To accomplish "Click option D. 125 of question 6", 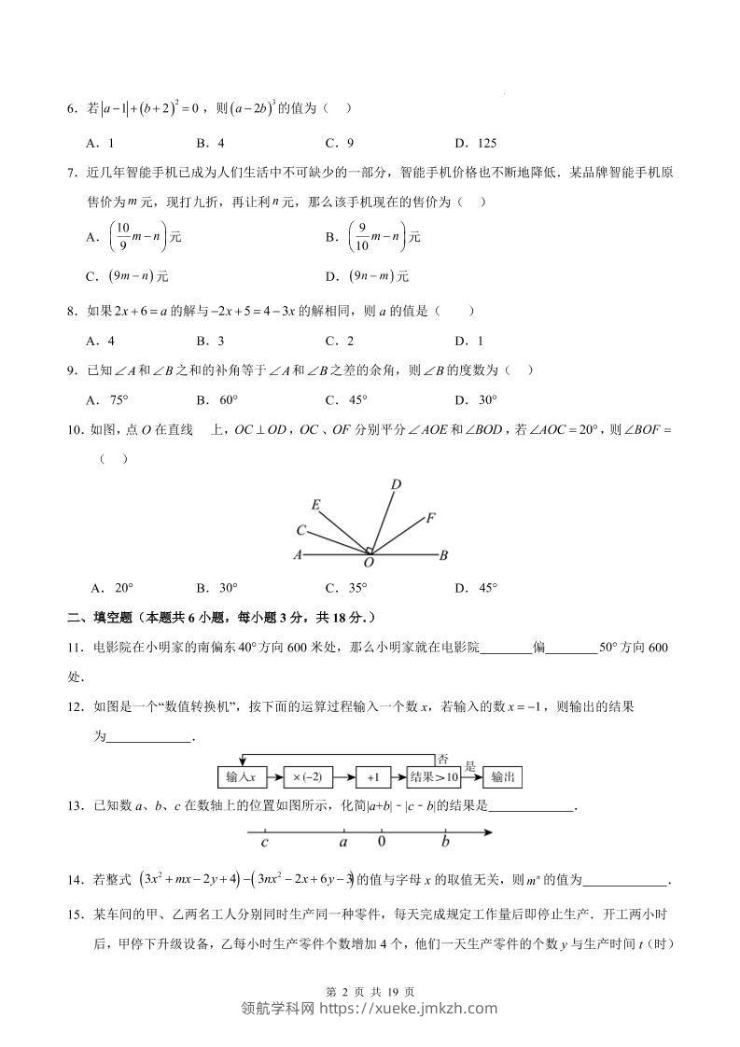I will pyautogui.click(x=475, y=144).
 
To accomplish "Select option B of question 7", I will pyautogui.click(x=372, y=238).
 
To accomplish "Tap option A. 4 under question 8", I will pyautogui.click(x=99, y=342).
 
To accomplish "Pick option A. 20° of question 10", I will pyautogui.click(x=112, y=588).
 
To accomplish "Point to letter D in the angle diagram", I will pyautogui.click(x=396, y=483).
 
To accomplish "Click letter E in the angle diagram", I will pyautogui.click(x=316, y=505).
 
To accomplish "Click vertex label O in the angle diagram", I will pyautogui.click(x=369, y=563).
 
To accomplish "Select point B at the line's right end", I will pyautogui.click(x=444, y=555).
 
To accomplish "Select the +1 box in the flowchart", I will pyautogui.click(x=372, y=776).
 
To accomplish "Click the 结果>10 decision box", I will pyautogui.click(x=435, y=776).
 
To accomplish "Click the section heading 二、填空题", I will pyautogui.click(x=93, y=617).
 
